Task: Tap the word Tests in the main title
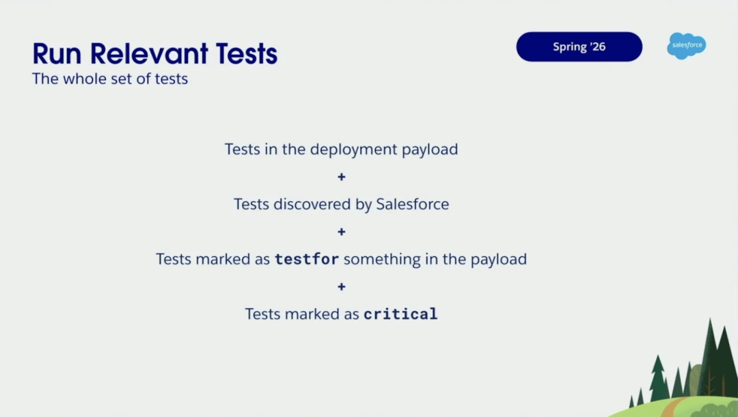[x=247, y=53]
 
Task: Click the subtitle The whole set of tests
[x=110, y=79]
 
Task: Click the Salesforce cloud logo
[x=686, y=46]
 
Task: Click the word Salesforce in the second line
[x=412, y=204]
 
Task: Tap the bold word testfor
[x=307, y=259]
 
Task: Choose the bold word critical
[x=400, y=314]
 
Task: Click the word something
[x=382, y=260]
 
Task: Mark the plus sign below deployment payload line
[x=342, y=177]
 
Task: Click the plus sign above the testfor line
[x=342, y=232]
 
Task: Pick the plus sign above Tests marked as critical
[x=342, y=286]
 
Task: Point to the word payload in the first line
[x=430, y=150]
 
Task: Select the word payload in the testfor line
[x=498, y=260]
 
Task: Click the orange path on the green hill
[x=673, y=407]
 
